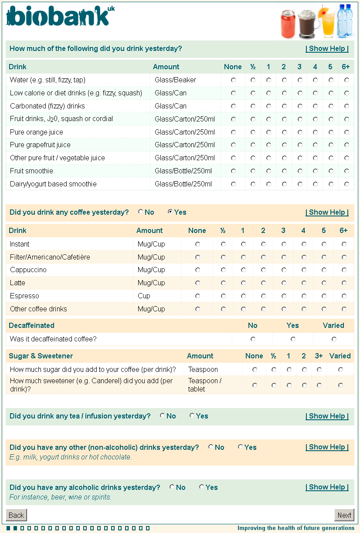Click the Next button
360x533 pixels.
(x=344, y=515)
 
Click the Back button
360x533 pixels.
(x=17, y=515)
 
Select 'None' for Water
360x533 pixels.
(x=233, y=80)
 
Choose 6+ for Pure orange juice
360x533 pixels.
(x=346, y=132)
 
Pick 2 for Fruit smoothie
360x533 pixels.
(x=284, y=171)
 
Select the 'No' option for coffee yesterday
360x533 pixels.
(x=141, y=212)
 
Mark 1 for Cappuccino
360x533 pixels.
(x=243, y=270)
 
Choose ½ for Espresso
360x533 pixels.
(x=223, y=296)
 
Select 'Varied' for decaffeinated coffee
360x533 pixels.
(x=334, y=339)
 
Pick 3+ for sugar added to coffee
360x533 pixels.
(x=319, y=370)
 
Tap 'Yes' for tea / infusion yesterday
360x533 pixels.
(x=192, y=416)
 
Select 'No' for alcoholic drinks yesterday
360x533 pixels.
(x=172, y=487)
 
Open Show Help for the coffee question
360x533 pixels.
(x=327, y=213)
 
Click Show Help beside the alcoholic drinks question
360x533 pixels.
(x=327, y=487)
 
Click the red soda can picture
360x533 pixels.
(x=289, y=24)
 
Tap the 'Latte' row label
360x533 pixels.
(x=17, y=283)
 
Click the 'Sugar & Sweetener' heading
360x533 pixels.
(x=41, y=356)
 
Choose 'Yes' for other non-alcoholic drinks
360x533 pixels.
(x=241, y=447)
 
